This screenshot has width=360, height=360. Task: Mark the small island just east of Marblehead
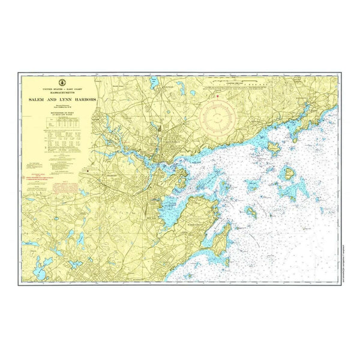click(250, 212)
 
